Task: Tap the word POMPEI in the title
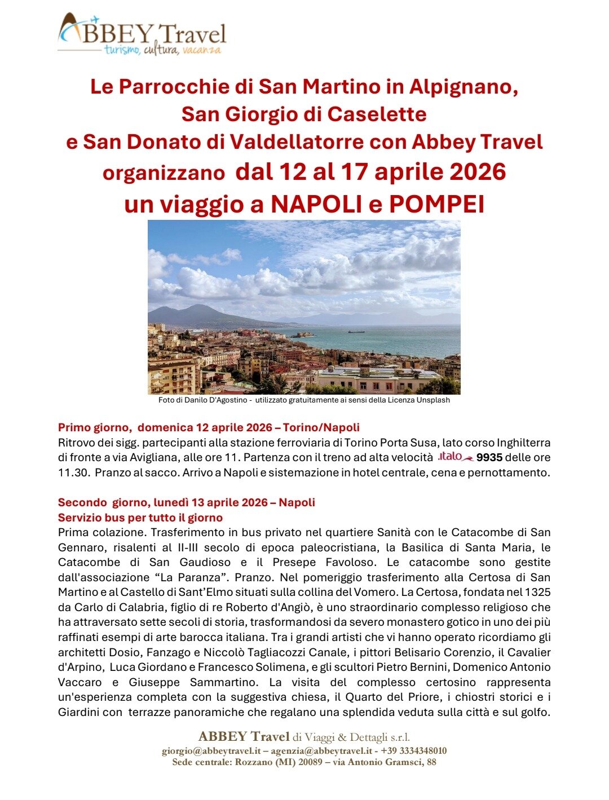tap(436, 205)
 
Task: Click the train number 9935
tap(489, 457)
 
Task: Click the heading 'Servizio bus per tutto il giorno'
tap(140, 518)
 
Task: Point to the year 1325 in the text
tap(537, 593)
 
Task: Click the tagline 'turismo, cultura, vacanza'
tap(162, 51)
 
